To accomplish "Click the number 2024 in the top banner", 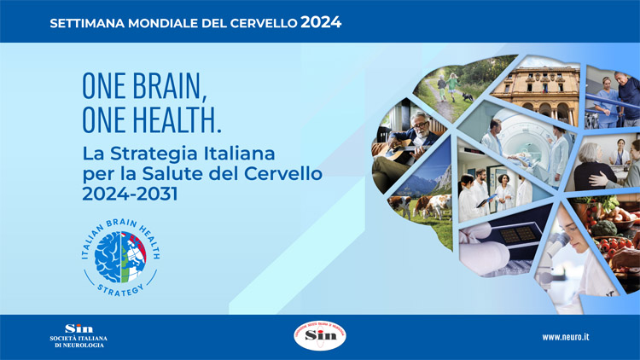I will (x=321, y=22).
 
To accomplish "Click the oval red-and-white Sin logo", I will (x=319, y=336).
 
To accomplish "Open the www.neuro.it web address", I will (x=566, y=337).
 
